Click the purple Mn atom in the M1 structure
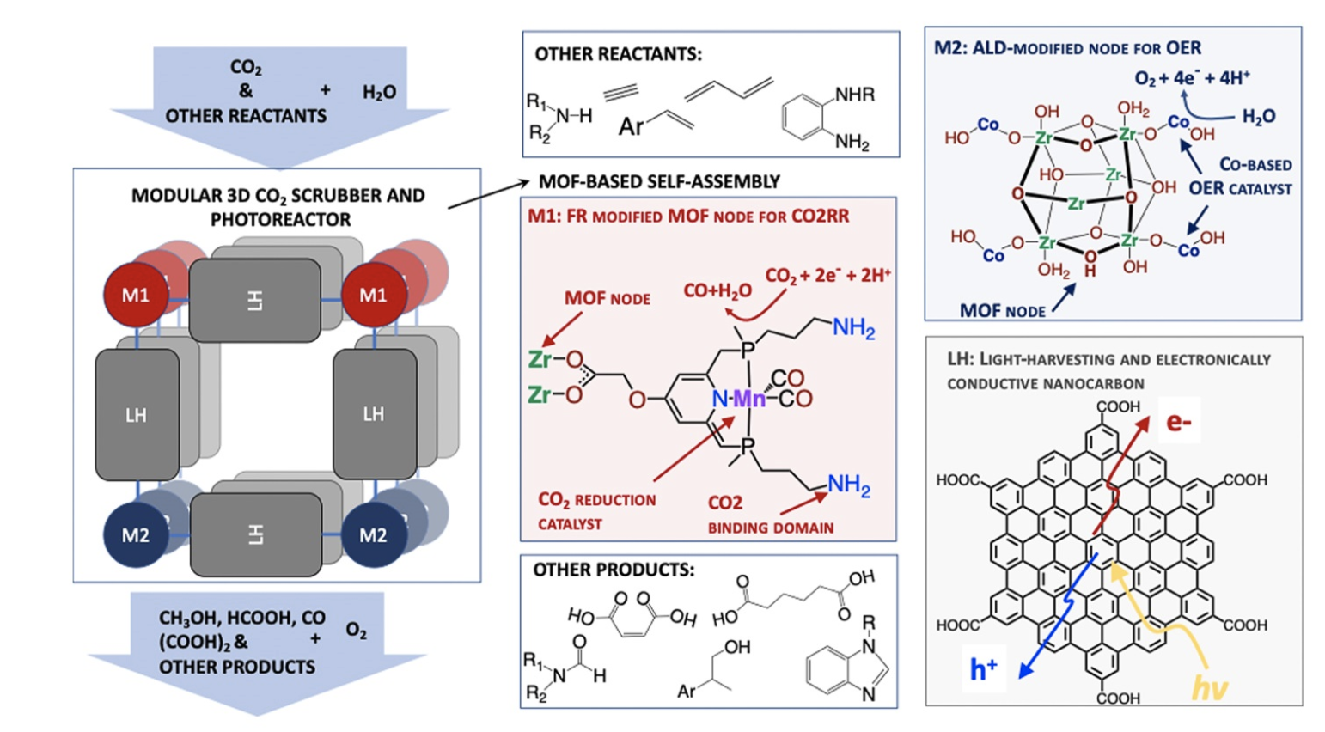pos(749,399)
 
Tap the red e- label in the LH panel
pos(1178,422)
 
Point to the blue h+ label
pos(983,668)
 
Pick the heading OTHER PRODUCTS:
pos(614,570)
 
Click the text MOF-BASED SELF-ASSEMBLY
pos(659,181)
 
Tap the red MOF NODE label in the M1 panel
pos(607,299)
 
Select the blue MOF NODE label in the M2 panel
pos(1002,310)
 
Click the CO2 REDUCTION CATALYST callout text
pos(596,511)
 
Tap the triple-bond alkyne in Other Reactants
pos(620,92)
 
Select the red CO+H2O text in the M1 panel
pos(717,292)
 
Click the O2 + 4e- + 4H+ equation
pos(1192,78)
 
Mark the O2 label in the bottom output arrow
pos(356,631)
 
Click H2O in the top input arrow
pos(379,92)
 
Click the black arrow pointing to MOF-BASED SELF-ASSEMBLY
pos(485,194)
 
